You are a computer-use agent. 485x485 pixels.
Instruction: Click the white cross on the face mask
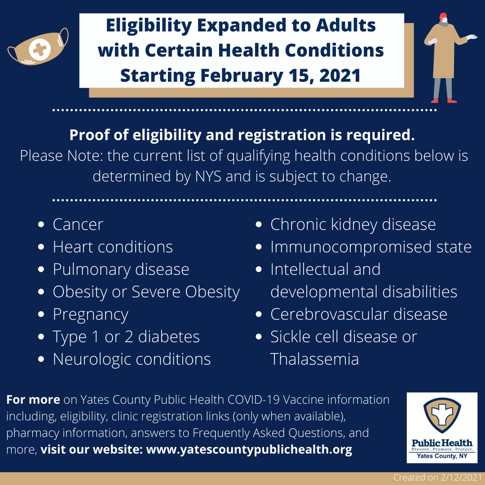tap(40, 49)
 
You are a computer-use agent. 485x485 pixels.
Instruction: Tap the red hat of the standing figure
tap(443, 15)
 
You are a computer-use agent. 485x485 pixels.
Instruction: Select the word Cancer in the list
tap(78, 224)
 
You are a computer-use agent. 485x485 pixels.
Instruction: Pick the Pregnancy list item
tap(91, 314)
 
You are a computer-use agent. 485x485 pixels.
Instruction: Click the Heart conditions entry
tap(113, 247)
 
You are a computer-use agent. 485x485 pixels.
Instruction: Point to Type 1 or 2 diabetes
tap(126, 337)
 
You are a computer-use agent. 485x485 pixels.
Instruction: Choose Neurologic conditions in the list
tap(132, 359)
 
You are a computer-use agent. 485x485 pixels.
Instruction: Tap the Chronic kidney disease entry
tap(353, 225)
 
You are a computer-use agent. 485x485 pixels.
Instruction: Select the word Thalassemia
tap(314, 359)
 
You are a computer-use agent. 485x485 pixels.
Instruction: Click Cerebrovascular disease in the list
tap(359, 314)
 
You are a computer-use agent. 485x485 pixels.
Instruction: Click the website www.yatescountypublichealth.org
tap(249, 450)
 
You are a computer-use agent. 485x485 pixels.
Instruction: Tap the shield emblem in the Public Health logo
tap(442, 415)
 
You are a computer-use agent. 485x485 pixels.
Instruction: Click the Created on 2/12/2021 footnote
tap(437, 477)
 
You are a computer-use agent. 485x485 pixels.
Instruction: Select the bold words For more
tap(33, 400)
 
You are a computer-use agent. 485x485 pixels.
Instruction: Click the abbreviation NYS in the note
tap(208, 176)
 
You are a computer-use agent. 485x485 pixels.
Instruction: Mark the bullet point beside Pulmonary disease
tap(41, 269)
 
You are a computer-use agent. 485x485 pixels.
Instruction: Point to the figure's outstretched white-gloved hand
tap(472, 37)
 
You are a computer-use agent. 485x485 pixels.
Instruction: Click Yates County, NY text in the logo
tap(442, 456)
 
